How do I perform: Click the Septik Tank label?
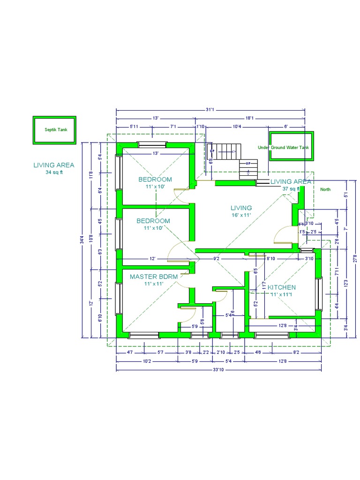click(56, 130)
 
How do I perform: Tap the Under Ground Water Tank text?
click(284, 148)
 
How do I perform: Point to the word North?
click(325, 190)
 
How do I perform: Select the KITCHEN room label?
click(281, 287)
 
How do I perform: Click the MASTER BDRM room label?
click(154, 277)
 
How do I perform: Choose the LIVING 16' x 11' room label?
click(241, 208)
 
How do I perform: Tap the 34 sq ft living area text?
click(53, 172)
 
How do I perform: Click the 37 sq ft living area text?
click(291, 188)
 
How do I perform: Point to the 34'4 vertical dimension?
click(82, 240)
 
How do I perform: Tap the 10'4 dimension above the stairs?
click(237, 127)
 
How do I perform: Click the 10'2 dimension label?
click(146, 361)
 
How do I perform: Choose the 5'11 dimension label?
click(134, 127)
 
